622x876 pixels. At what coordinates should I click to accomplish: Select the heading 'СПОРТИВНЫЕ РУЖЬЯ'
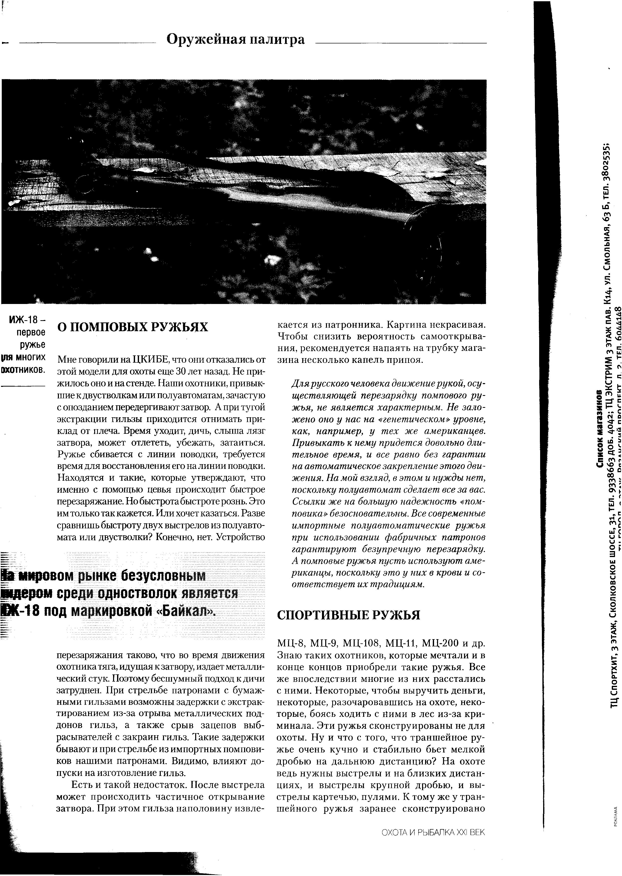(348, 615)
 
